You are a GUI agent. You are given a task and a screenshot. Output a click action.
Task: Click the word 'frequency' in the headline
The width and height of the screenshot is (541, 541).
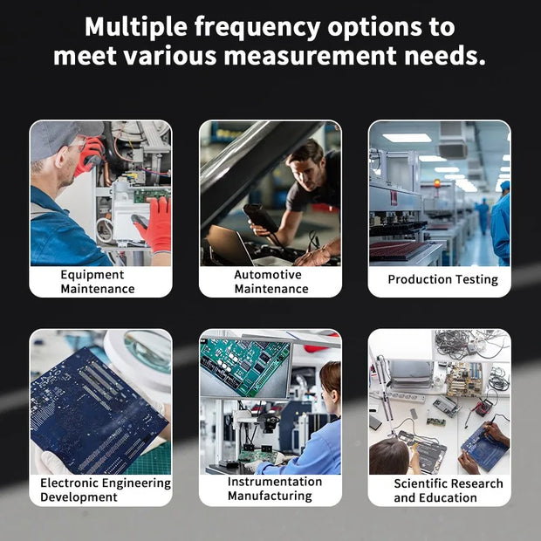pos(257,28)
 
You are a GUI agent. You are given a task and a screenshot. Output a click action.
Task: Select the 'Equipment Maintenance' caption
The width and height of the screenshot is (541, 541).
pos(98,282)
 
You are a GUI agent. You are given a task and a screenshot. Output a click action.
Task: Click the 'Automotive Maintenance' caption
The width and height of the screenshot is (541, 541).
pos(271,282)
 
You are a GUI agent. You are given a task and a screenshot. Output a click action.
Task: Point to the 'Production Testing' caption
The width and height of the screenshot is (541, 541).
pos(442,279)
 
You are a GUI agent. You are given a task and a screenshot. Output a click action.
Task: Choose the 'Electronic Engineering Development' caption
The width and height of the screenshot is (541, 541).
pos(106,490)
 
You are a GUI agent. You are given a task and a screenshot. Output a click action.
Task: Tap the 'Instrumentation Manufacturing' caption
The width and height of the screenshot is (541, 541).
pos(275,489)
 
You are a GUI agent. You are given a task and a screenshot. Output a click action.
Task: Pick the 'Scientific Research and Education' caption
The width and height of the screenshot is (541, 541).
pos(449,490)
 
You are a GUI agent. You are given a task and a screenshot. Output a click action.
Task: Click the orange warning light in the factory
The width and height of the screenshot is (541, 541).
pos(437,183)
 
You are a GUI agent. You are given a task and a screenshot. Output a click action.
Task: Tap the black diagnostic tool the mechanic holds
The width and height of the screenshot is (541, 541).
pos(261,218)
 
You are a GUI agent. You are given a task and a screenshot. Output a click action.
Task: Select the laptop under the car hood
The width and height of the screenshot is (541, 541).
pos(232,246)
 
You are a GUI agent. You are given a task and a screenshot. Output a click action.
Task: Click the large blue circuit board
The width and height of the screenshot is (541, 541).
pos(97,411)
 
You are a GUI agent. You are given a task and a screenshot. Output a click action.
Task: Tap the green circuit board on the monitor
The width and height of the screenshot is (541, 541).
pos(246,366)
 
